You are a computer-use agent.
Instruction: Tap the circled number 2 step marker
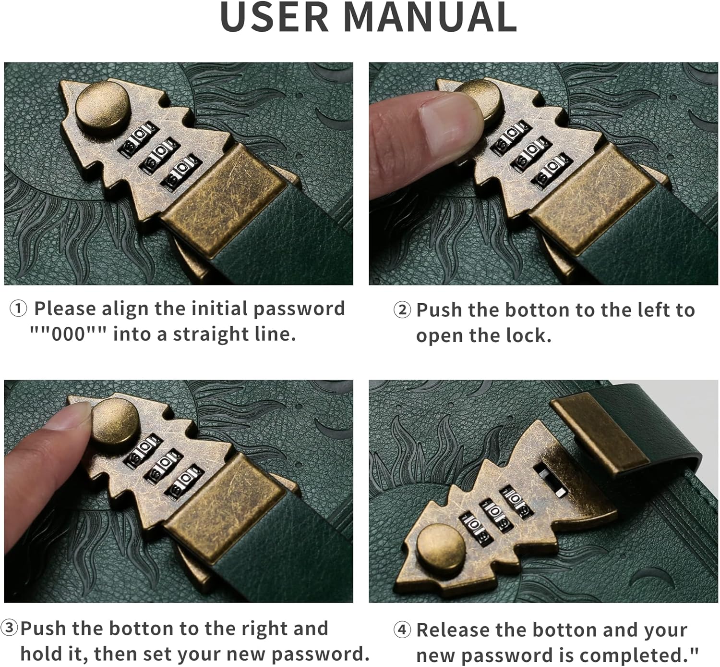click(402, 310)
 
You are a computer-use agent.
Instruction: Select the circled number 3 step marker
click(9, 628)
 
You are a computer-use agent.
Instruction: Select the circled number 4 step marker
click(402, 630)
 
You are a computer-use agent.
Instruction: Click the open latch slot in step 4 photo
click(551, 480)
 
